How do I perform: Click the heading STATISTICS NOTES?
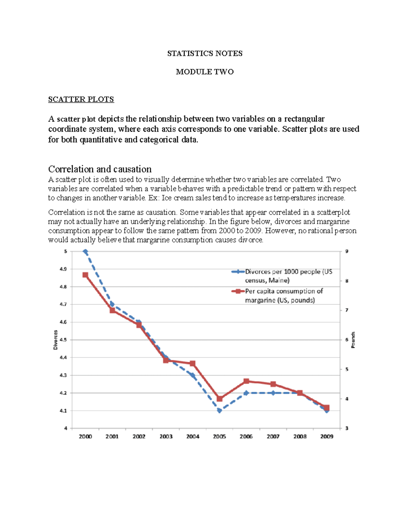coord(205,53)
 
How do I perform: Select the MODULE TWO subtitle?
coord(205,72)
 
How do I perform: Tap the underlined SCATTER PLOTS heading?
coord(81,99)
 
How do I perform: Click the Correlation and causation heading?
coord(100,169)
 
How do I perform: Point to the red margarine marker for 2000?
coord(85,275)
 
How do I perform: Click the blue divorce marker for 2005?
coord(219,410)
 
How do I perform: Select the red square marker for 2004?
coord(193,363)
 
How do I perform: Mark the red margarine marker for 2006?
coord(246,381)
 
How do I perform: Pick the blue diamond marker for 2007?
coord(273,393)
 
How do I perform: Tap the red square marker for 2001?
coord(112,310)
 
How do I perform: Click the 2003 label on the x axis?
coord(166,437)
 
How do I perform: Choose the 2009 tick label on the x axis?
coord(327,437)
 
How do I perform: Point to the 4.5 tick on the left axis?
coord(63,340)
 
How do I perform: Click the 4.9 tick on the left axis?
coord(63,269)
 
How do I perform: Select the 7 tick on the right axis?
coord(347,310)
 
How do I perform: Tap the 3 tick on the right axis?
coord(347,428)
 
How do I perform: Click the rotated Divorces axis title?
coord(55,340)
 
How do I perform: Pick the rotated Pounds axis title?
coord(353,340)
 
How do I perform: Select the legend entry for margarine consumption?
coord(284,296)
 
